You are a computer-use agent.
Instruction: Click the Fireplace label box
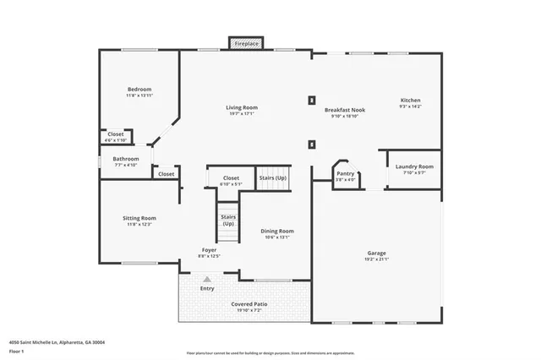click(x=247, y=42)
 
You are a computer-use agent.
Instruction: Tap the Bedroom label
click(x=139, y=90)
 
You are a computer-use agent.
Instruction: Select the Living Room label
click(x=242, y=107)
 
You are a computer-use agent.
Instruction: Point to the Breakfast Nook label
click(x=344, y=110)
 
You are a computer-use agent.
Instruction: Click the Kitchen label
click(x=410, y=101)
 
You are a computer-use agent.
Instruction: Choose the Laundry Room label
click(x=414, y=166)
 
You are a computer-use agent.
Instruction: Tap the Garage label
click(x=376, y=253)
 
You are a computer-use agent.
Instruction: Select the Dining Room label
click(x=276, y=231)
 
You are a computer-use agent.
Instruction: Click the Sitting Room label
click(x=139, y=218)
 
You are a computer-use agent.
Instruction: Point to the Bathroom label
click(x=126, y=158)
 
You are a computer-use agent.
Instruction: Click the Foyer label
click(x=210, y=250)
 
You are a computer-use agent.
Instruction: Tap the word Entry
click(x=207, y=288)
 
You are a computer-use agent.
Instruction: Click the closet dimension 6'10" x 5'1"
click(x=230, y=183)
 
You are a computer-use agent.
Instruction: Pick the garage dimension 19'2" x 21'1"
click(x=376, y=259)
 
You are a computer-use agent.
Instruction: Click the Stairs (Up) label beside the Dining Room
click(x=228, y=220)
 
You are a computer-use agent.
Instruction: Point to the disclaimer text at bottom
click(x=270, y=353)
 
